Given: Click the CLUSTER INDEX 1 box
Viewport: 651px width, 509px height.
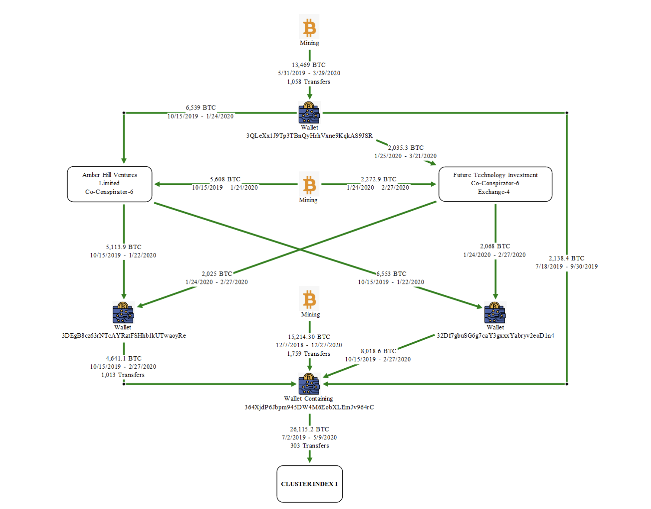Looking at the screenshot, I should point(309,484).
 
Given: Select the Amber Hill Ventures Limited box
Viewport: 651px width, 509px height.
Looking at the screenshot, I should point(110,184).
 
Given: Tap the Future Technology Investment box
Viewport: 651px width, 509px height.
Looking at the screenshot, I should point(495,184).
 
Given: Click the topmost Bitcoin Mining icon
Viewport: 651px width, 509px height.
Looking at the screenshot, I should point(309,28).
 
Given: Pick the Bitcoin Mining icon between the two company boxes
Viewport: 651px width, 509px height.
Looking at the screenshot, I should point(309,185).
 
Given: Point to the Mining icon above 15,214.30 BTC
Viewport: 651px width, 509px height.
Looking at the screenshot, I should point(309,299).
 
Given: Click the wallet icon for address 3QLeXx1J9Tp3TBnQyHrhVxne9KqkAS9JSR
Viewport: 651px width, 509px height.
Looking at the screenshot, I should point(309,113).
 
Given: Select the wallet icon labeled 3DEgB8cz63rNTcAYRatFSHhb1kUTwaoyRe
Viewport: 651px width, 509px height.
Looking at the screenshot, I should point(123,313).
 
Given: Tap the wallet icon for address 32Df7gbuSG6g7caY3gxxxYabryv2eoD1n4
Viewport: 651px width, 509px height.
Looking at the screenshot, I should point(495,313).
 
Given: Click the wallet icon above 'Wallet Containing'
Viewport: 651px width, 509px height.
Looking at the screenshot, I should point(309,384).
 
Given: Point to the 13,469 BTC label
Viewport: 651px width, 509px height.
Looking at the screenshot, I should point(309,65).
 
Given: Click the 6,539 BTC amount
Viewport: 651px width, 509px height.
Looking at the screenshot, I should point(201,108).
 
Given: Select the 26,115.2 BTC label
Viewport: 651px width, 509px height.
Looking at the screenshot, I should point(309,429).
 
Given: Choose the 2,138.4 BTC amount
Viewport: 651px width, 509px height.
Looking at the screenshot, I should point(566,258).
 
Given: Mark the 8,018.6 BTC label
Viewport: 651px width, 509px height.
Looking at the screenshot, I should point(378,351).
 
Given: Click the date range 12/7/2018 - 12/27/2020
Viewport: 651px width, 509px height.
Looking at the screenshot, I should point(309,345).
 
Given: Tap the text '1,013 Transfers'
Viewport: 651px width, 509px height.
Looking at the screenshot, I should point(123,375).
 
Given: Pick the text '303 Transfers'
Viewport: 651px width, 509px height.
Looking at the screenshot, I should point(309,446).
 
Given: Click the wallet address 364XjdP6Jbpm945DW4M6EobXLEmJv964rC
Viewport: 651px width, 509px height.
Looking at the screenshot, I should point(309,407).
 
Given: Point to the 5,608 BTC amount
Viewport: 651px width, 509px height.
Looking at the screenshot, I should point(225,179).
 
